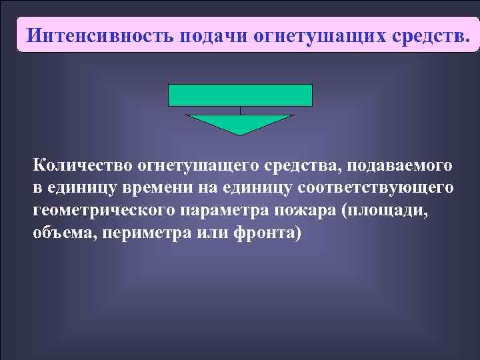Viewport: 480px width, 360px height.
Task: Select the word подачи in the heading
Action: (214, 34)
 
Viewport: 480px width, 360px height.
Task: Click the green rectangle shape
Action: (240, 95)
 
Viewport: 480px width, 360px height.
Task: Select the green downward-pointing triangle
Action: (240, 123)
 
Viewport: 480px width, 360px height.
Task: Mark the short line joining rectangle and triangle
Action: (240, 111)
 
